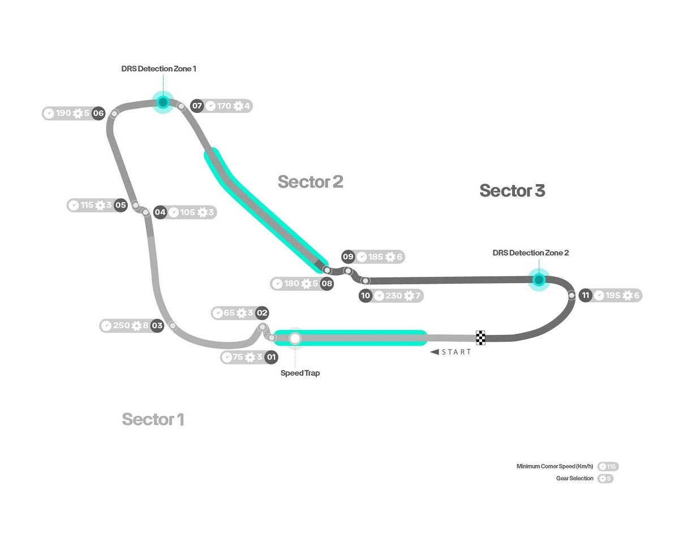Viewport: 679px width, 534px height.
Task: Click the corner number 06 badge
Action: click(99, 113)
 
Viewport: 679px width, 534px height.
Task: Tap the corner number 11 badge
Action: click(586, 295)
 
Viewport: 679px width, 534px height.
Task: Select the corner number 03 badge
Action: click(157, 325)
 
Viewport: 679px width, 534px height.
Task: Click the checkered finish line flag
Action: click(480, 337)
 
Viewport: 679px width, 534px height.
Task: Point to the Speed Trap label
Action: click(300, 373)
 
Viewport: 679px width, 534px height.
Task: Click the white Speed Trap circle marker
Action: click(295, 338)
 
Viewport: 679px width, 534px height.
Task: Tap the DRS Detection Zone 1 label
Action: click(158, 68)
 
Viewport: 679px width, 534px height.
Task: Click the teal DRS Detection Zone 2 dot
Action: click(539, 279)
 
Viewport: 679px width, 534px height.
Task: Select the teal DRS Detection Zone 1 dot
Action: click(163, 102)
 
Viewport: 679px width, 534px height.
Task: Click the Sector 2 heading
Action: click(310, 181)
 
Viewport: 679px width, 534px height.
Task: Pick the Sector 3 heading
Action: click(512, 190)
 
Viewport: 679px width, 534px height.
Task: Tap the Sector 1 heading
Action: click(153, 419)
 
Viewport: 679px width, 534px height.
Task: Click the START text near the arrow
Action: click(456, 352)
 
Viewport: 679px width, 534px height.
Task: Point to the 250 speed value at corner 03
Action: click(121, 325)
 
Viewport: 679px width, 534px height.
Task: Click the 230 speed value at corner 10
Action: click(393, 296)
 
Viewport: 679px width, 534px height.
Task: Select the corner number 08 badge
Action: click(326, 284)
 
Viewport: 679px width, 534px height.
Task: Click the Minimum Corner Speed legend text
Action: click(555, 466)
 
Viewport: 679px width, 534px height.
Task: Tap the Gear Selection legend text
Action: click(575, 479)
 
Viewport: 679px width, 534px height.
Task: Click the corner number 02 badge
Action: click(262, 312)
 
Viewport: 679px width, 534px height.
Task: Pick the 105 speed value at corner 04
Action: click(187, 212)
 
